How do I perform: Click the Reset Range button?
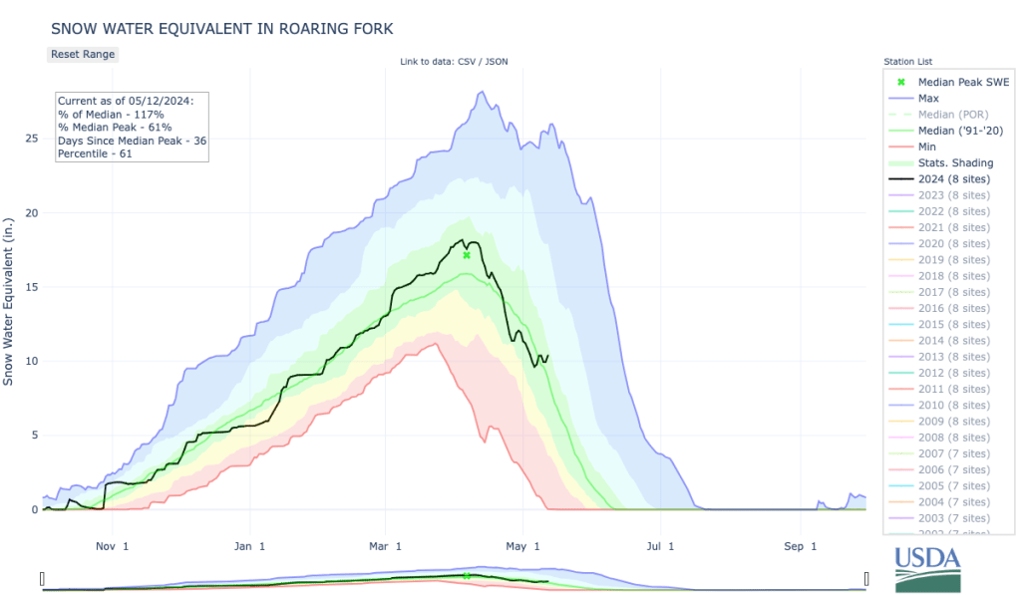(x=83, y=54)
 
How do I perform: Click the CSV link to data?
(x=464, y=63)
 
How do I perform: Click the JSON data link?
(x=496, y=63)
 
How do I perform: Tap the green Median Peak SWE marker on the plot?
(x=467, y=255)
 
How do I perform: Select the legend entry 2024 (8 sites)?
(x=953, y=179)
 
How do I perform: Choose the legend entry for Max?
(x=928, y=99)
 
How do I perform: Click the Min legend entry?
(x=927, y=147)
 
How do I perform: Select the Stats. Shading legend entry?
(x=955, y=163)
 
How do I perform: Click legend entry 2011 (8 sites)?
(x=953, y=390)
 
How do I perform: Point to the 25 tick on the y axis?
(x=30, y=139)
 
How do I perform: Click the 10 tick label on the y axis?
(x=30, y=361)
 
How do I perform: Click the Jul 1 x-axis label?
(x=661, y=546)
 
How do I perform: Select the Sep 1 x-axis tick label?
(x=800, y=546)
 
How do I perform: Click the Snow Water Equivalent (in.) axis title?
(x=9, y=299)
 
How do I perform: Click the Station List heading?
(x=907, y=62)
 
